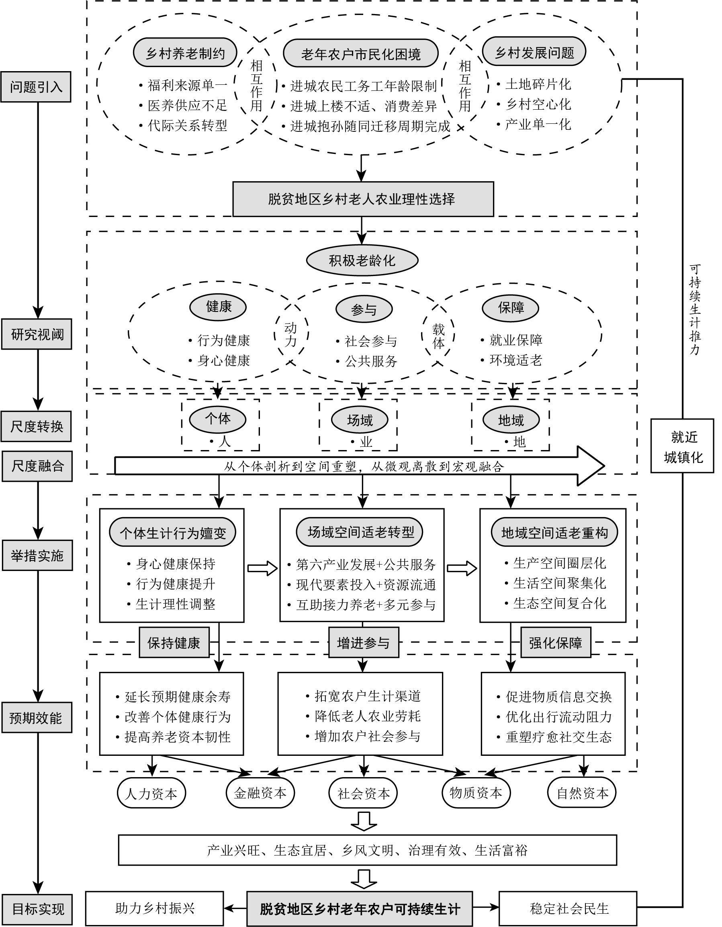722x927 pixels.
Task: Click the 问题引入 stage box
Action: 36,87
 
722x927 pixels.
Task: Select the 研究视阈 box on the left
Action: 37,334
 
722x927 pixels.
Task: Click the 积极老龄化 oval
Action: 362,260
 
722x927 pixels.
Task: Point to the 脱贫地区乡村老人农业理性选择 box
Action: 363,199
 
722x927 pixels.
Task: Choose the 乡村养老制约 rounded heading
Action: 185,53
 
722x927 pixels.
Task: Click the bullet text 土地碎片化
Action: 538,84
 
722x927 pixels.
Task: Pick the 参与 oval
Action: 364,309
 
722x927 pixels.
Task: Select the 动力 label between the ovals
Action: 291,334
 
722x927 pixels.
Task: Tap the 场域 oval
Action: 360,420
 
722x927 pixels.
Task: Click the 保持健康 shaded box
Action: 174,643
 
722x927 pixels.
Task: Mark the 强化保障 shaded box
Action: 556,643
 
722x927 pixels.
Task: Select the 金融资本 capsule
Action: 260,793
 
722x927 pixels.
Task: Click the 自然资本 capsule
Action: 582,793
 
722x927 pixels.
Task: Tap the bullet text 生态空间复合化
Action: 559,604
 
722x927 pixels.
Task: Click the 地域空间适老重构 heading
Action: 554,533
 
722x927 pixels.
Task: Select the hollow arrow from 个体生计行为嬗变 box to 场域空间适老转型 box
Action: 262,568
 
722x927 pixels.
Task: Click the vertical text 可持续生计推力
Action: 695,310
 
